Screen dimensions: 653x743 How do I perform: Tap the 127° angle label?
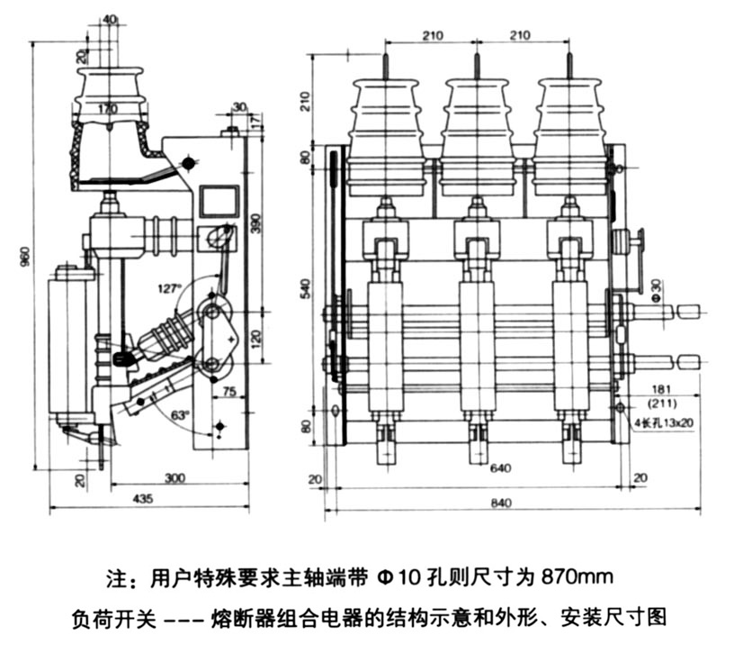pyautogui.click(x=168, y=291)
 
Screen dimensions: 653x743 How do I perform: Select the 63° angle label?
pyautogui.click(x=179, y=415)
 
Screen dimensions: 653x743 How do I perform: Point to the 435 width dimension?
pyautogui.click(x=141, y=498)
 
